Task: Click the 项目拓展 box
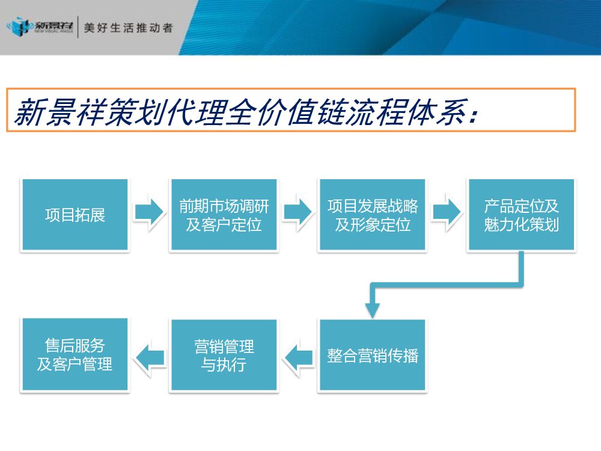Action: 75,215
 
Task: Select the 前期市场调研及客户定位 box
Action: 224,215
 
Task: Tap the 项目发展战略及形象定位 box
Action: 372,215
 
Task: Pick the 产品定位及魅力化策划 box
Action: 521,215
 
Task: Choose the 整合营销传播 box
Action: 372,355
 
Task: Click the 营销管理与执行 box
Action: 224,355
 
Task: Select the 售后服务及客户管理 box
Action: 75,355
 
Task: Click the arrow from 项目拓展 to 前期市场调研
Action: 148,212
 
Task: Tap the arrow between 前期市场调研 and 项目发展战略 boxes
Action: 297,212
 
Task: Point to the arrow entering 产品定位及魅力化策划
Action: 447,212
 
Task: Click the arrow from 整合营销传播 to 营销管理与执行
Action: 298,358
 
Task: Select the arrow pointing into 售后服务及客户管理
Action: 149,358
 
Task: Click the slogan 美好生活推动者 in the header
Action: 128,28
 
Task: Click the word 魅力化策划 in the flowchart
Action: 521,226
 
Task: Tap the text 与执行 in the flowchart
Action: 224,365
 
